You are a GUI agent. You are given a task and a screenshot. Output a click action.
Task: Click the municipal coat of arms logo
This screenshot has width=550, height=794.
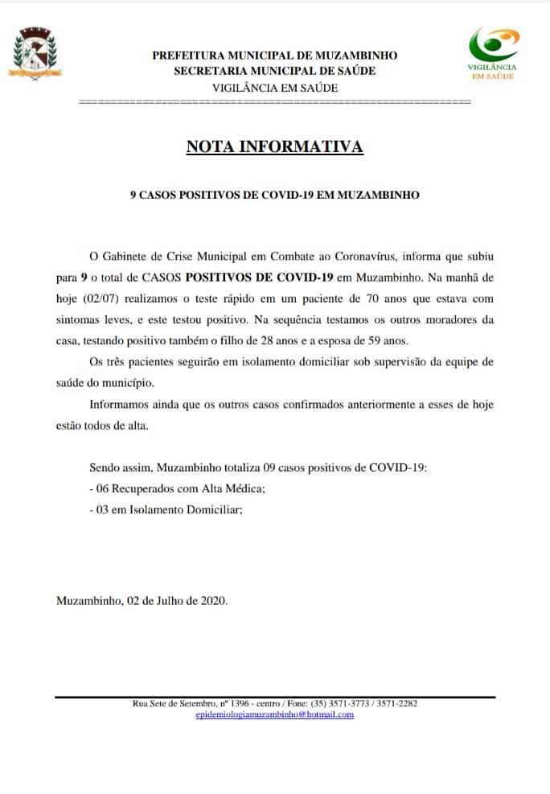click(35, 54)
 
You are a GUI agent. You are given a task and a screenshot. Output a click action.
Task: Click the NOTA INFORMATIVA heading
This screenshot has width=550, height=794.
click(274, 147)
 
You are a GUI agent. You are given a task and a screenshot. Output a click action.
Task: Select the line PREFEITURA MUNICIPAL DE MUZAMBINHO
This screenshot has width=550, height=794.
click(274, 56)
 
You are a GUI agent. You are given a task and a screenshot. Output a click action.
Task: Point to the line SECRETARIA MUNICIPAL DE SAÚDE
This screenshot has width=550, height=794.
click(274, 71)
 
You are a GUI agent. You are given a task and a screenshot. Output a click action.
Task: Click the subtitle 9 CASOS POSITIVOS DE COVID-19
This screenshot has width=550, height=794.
click(274, 195)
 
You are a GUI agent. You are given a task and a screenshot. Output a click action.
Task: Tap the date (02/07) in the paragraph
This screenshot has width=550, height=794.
click(101, 298)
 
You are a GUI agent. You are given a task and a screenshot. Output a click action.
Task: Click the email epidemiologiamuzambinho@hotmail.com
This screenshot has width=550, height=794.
click(274, 714)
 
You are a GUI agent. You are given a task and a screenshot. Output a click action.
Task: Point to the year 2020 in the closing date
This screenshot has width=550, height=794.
click(213, 601)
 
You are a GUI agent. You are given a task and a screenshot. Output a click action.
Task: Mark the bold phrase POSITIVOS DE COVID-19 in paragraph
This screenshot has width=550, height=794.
click(259, 278)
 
